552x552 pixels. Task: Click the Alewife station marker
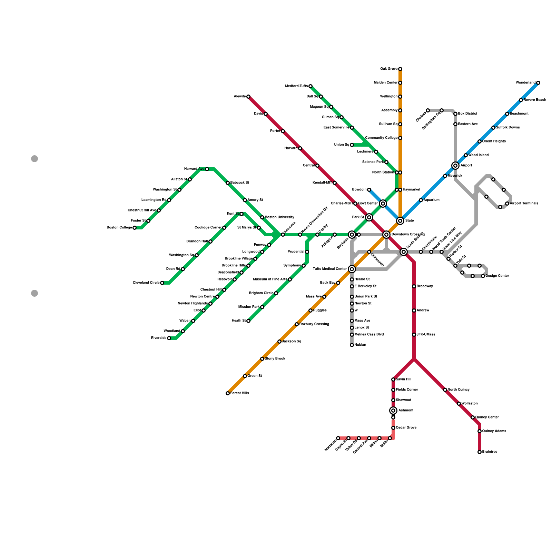pyautogui.click(x=248, y=97)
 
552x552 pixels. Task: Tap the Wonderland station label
pyautogui.click(x=526, y=83)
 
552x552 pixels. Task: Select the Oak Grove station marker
pyautogui.click(x=400, y=69)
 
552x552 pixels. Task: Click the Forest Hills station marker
pyautogui.click(x=228, y=393)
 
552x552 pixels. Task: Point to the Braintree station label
pyautogui.click(x=490, y=452)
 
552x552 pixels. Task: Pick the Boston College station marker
pyautogui.click(x=135, y=228)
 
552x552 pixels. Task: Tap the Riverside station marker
pyautogui.click(x=169, y=338)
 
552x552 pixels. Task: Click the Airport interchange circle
pyautogui.click(x=455, y=166)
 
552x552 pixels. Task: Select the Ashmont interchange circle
pyautogui.click(x=393, y=411)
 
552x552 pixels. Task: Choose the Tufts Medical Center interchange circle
pyautogui.click(x=352, y=269)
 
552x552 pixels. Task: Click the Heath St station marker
pyautogui.click(x=248, y=321)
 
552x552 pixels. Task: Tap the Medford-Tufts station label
pyautogui.click(x=297, y=86)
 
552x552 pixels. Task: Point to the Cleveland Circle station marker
pyautogui.click(x=162, y=283)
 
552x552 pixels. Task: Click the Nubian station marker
pyautogui.click(x=352, y=345)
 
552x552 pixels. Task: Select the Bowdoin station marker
pyautogui.click(x=369, y=190)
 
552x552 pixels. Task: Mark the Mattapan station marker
pyautogui.click(x=338, y=438)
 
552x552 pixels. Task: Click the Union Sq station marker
pyautogui.click(x=352, y=145)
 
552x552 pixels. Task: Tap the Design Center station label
pyautogui.click(x=497, y=276)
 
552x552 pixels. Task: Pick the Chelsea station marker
pyautogui.click(x=428, y=110)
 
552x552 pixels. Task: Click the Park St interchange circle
pyautogui.click(x=369, y=217)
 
